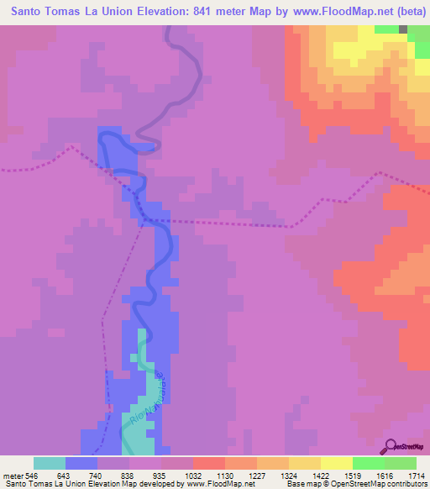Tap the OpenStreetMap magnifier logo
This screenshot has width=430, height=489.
click(x=391, y=444)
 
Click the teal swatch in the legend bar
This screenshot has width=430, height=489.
click(x=50, y=463)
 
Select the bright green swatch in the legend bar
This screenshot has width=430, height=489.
click(x=368, y=463)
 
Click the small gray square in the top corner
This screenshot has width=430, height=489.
click(x=403, y=29)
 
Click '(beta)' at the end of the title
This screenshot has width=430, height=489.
click(x=405, y=11)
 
